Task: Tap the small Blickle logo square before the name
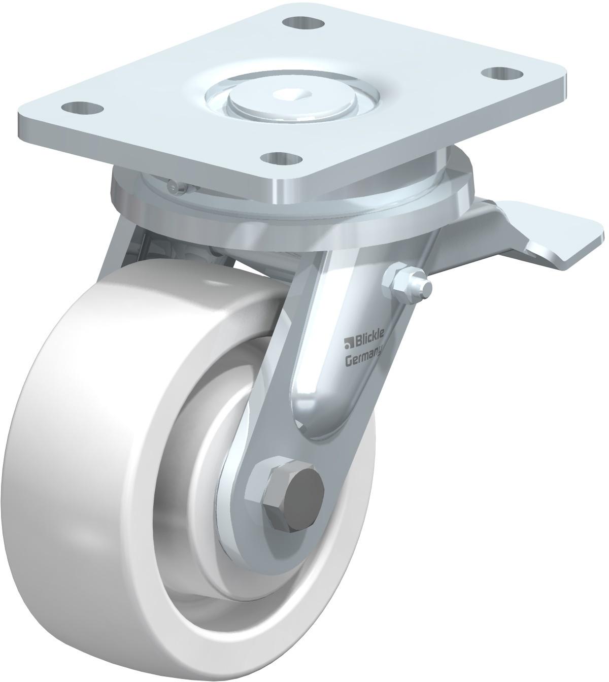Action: [x=347, y=344]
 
